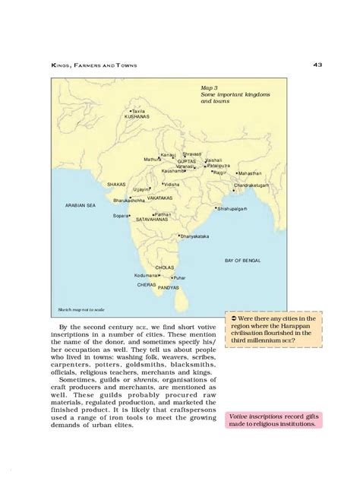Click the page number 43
(317, 65)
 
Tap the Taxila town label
(137, 111)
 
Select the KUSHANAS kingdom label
(137, 117)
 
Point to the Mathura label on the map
(153, 159)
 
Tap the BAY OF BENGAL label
(243, 260)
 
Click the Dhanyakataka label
(194, 236)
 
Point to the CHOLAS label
(165, 267)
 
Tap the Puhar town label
(178, 278)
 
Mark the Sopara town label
(122, 216)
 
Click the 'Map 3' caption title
(210, 87)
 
